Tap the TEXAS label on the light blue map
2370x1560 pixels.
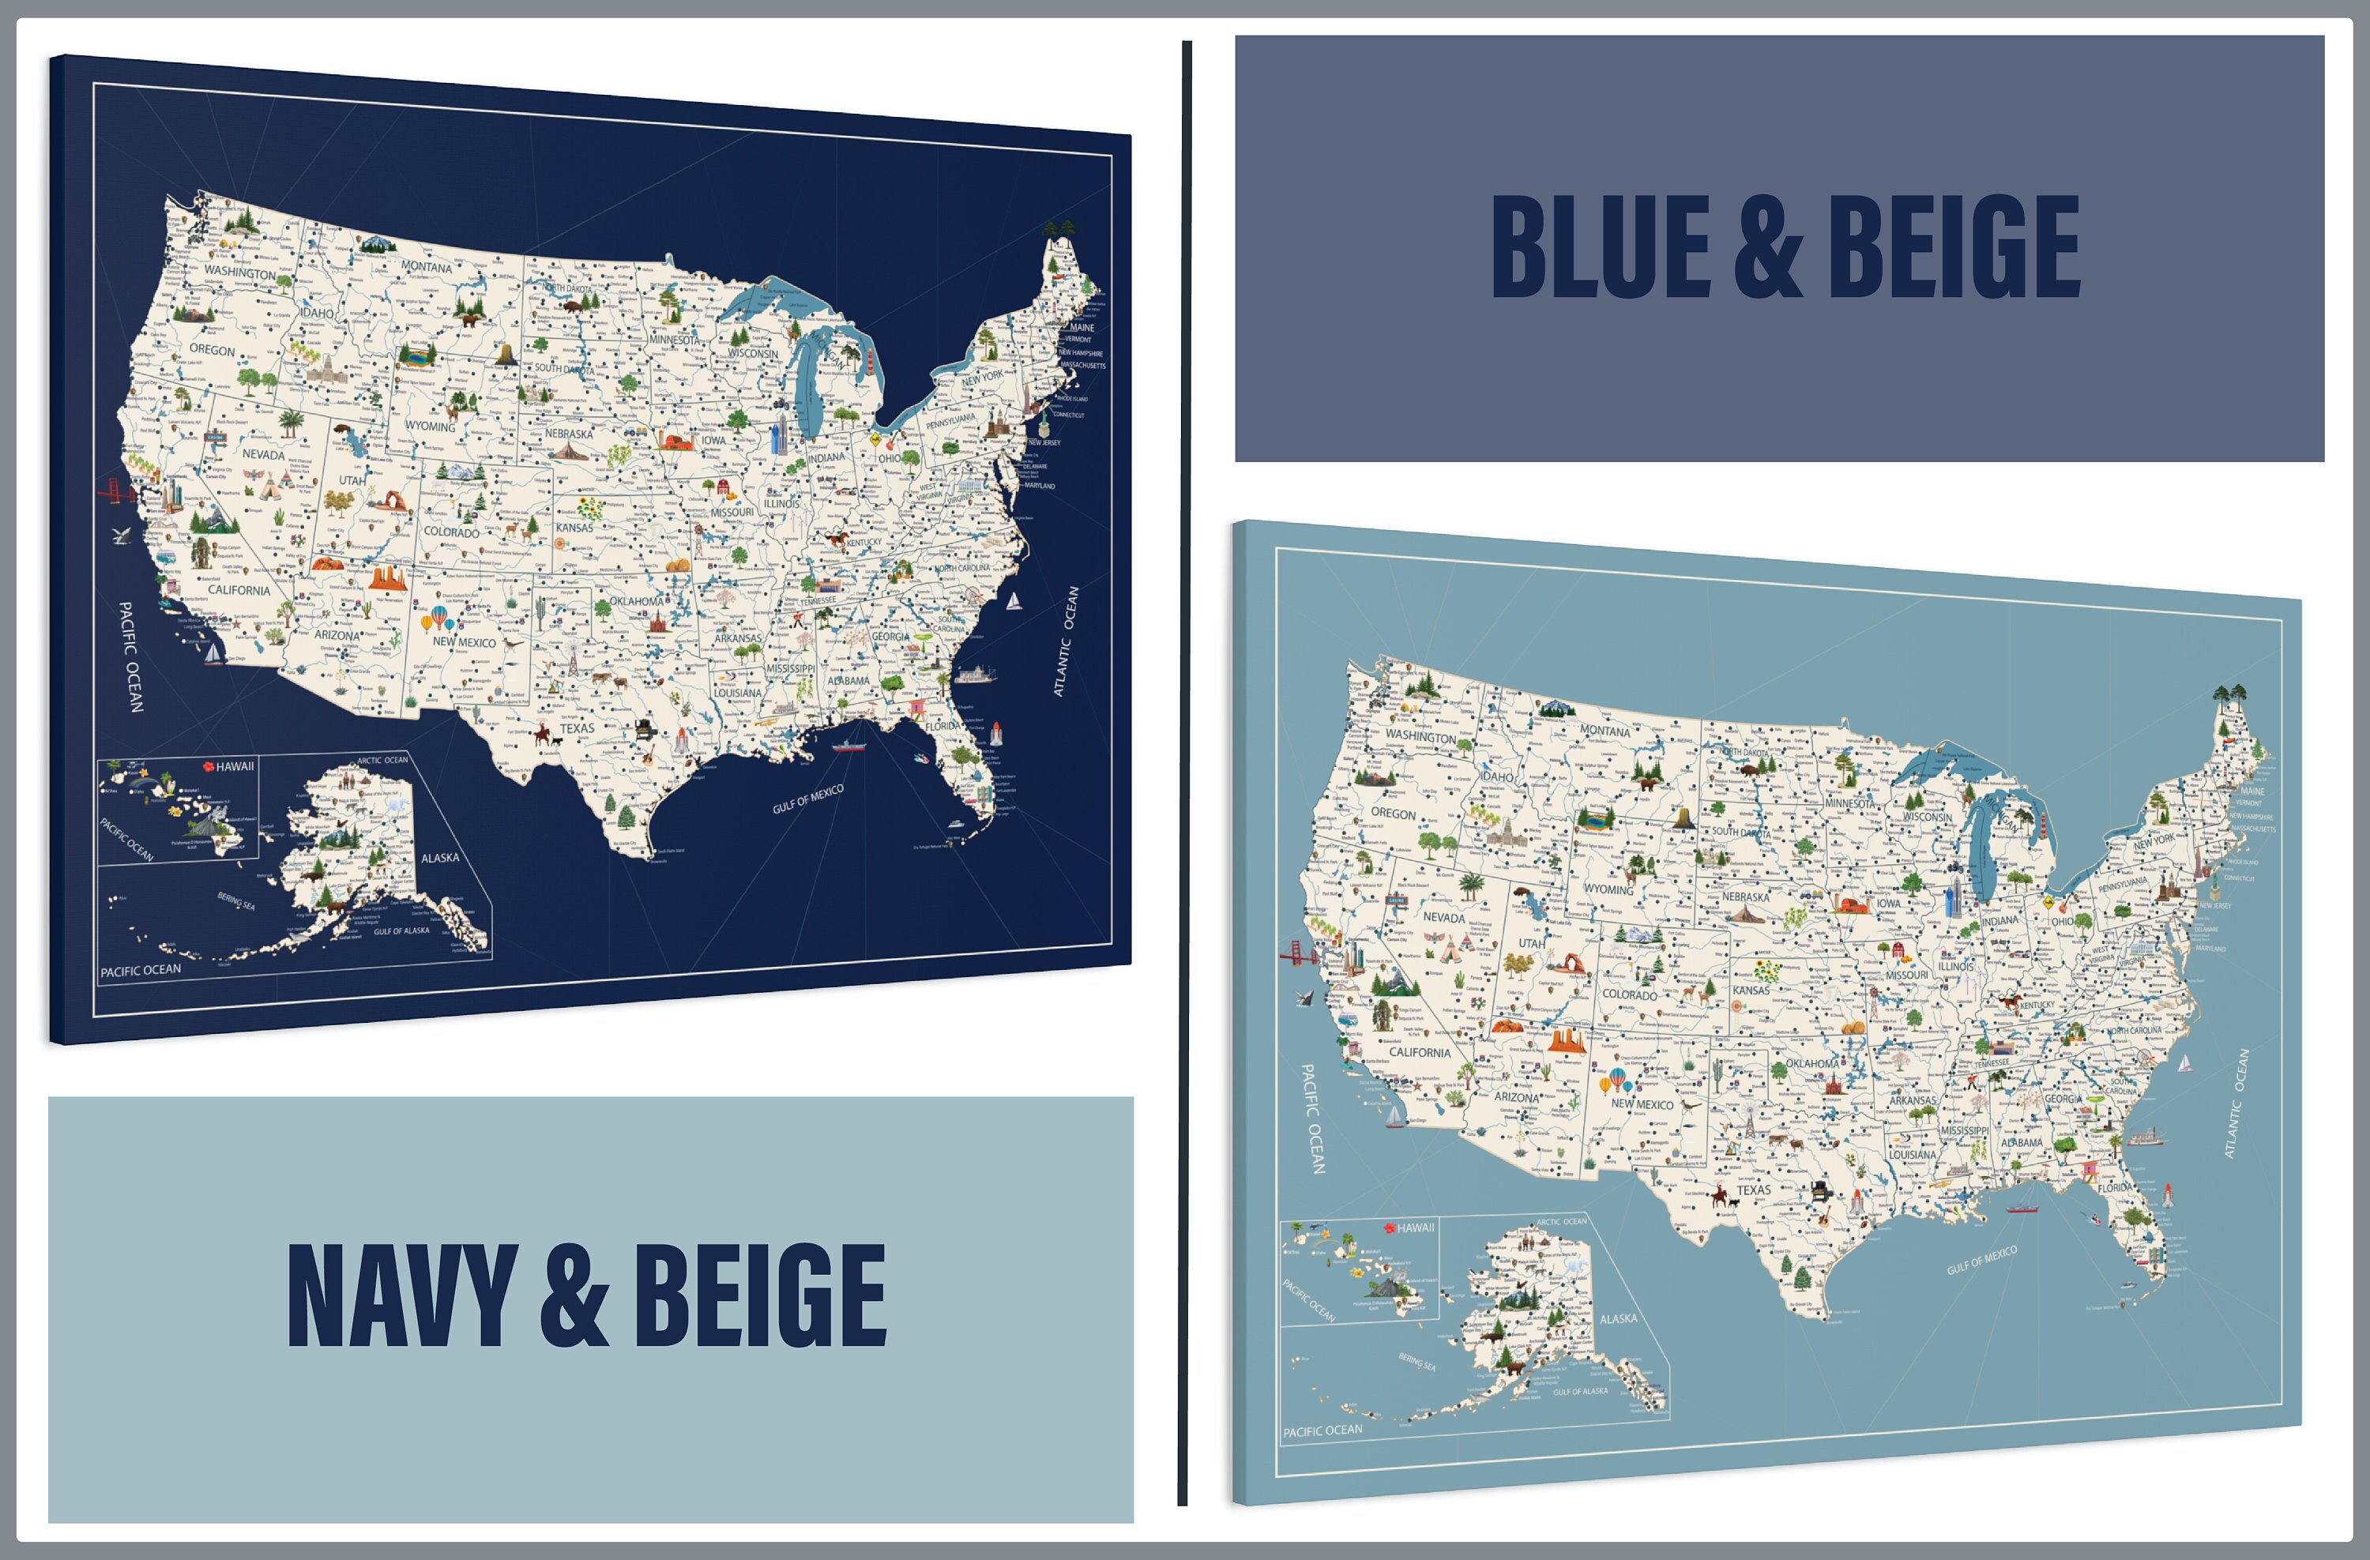point(1754,1190)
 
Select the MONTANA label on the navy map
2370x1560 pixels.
point(426,267)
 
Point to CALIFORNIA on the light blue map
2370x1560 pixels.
point(1419,1052)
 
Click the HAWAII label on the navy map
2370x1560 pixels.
point(235,766)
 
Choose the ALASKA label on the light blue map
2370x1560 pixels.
point(1618,1319)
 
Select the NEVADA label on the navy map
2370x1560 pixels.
point(264,454)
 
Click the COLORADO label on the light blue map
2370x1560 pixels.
point(1629,994)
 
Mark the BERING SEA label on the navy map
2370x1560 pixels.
point(236,901)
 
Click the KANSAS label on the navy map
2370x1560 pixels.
point(574,528)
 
